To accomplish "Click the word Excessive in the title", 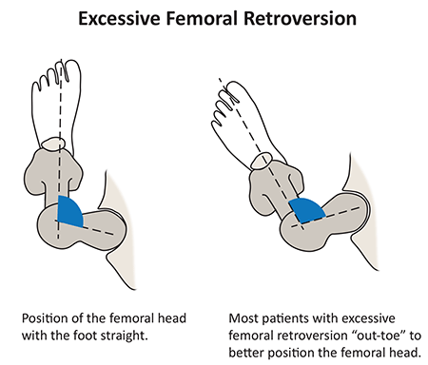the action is click(119, 18).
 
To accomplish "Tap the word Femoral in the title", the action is click(202, 18).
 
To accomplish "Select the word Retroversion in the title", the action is click(300, 18).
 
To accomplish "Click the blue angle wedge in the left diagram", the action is click(69, 211).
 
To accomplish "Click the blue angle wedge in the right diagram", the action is click(307, 209).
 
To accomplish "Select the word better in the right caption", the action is click(245, 353).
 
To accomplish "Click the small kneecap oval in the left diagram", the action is click(53, 144).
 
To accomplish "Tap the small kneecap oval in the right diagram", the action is click(261, 161).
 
